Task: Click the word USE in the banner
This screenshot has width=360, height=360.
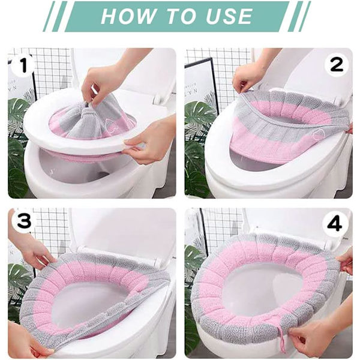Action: [229, 16]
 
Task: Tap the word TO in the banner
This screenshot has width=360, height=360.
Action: [181, 16]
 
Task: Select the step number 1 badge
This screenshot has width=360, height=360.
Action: [23, 65]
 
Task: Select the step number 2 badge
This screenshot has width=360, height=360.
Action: [337, 65]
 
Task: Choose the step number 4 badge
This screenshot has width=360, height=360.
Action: [335, 224]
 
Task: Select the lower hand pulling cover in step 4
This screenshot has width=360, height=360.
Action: [326, 331]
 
